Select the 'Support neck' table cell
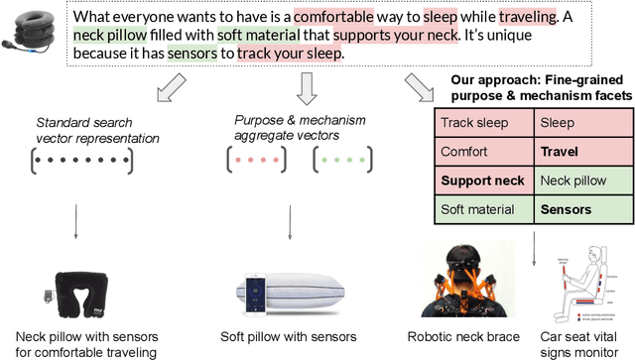pos(482,181)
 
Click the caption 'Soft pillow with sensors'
pos(290,337)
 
